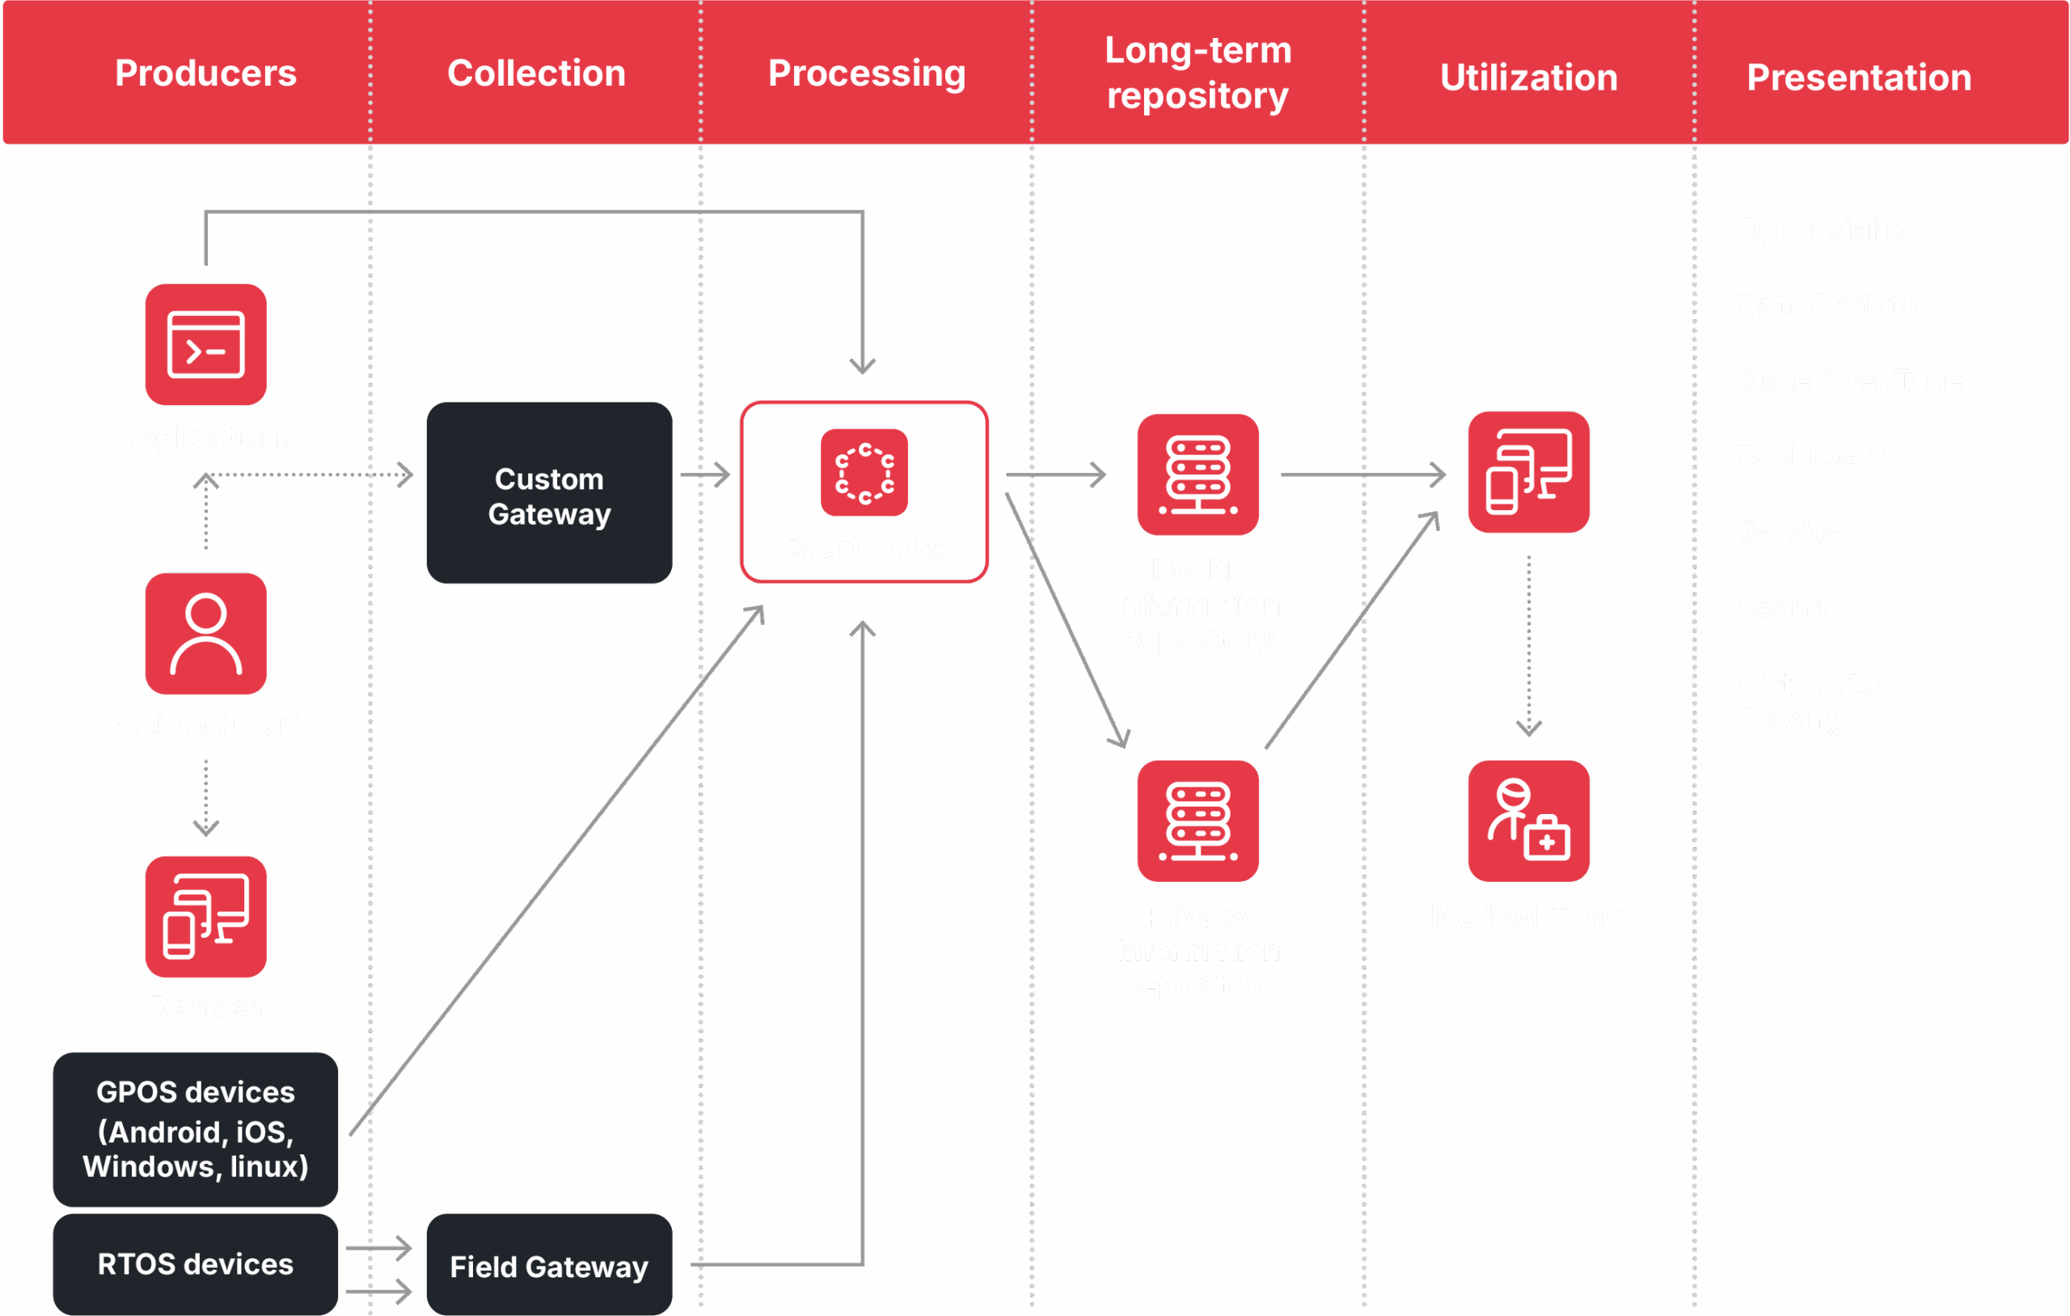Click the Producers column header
[205, 73]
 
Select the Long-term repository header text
[1198, 73]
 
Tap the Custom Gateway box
[549, 493]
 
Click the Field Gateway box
[549, 1265]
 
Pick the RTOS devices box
[195, 1263]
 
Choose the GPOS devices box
[195, 1128]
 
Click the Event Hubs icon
[864, 473]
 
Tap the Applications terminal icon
[205, 344]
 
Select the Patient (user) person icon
[205, 634]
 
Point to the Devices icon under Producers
[205, 917]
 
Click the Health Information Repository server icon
[1198, 475]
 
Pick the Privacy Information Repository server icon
[1198, 821]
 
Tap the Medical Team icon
[1528, 821]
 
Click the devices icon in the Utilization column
[1528, 472]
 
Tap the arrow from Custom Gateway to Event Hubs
[705, 475]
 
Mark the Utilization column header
[1528, 78]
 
